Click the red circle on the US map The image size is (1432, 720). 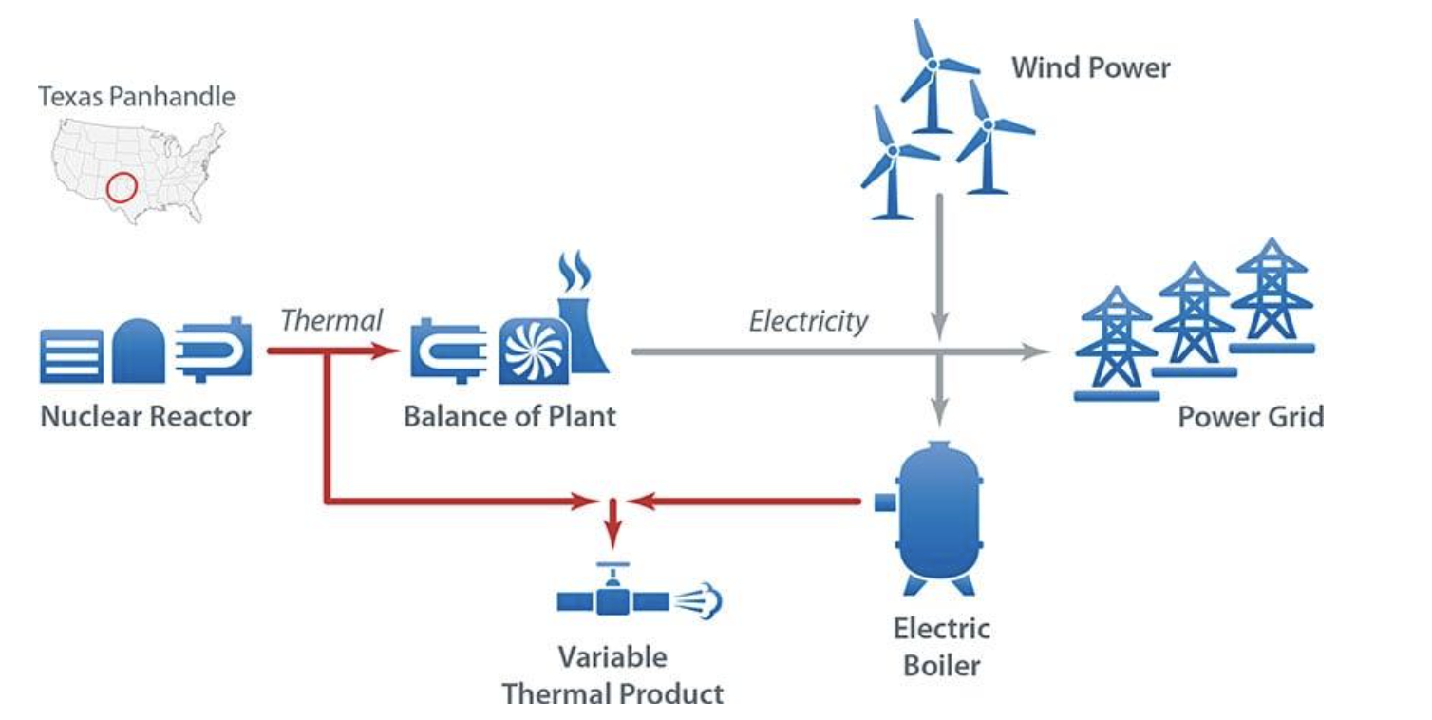pos(121,187)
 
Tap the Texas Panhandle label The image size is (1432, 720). pos(137,97)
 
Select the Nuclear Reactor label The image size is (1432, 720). pos(145,416)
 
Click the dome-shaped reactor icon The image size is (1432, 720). pos(139,351)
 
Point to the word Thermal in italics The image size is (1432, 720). pos(331,320)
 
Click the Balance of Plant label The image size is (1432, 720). pos(510,416)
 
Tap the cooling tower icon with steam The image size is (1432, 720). pos(578,323)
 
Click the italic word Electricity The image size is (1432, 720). pos(808,321)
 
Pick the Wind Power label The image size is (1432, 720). pos(1091,67)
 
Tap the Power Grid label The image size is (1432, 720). pos(1251,416)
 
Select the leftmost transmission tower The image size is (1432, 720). pos(1116,342)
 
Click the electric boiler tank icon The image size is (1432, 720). pos(939,514)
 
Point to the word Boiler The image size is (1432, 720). pos(941,664)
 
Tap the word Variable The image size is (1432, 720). pos(612,656)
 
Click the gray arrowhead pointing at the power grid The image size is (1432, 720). pos(1039,352)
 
